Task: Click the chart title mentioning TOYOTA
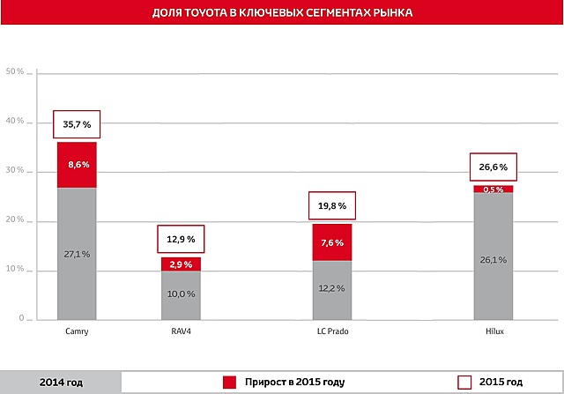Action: click(x=281, y=14)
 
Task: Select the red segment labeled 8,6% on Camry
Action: click(x=77, y=165)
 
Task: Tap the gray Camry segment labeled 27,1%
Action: click(x=77, y=254)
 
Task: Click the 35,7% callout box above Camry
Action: click(x=77, y=125)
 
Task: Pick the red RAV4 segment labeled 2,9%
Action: click(x=181, y=264)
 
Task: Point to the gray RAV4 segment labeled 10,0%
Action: click(x=181, y=295)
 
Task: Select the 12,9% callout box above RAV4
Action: click(x=181, y=239)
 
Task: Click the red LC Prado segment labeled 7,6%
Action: click(x=331, y=242)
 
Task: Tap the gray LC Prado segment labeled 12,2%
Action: click(x=331, y=290)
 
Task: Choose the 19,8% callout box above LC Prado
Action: click(x=331, y=206)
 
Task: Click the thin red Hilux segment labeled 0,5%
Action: click(x=493, y=190)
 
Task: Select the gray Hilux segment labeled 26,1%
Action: click(x=493, y=258)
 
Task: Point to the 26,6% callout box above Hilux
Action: click(x=493, y=167)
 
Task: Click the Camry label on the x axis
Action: click(x=77, y=332)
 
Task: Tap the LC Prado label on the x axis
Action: click(x=331, y=332)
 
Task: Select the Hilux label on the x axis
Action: click(x=493, y=332)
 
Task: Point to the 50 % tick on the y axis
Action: click(x=15, y=72)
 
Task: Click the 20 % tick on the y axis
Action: click(x=15, y=221)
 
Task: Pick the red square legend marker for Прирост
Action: click(x=230, y=382)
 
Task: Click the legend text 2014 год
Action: click(x=61, y=382)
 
